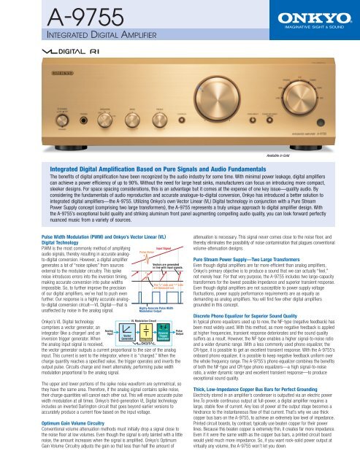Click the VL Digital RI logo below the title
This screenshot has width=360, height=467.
tap(55, 53)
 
